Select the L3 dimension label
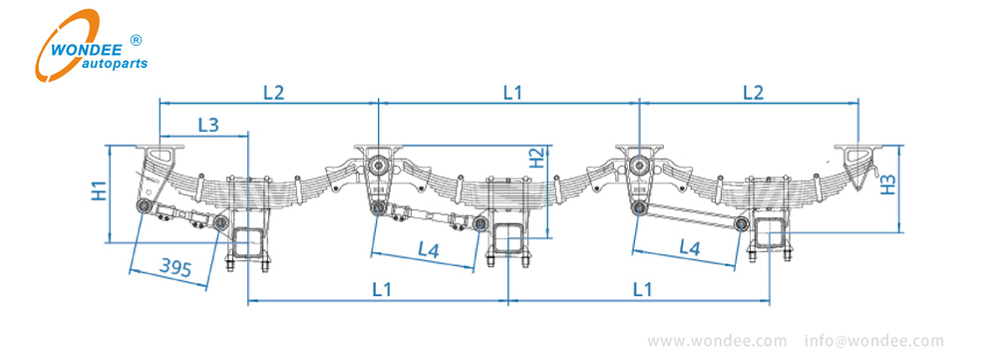coord(208,125)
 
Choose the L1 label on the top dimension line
coord(512,92)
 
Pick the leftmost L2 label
coord(273,92)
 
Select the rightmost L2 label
coord(753,92)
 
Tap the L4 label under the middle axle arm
coord(427,251)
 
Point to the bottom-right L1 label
coord(642,289)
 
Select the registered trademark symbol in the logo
coord(137,40)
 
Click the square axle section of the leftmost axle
coord(247,240)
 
